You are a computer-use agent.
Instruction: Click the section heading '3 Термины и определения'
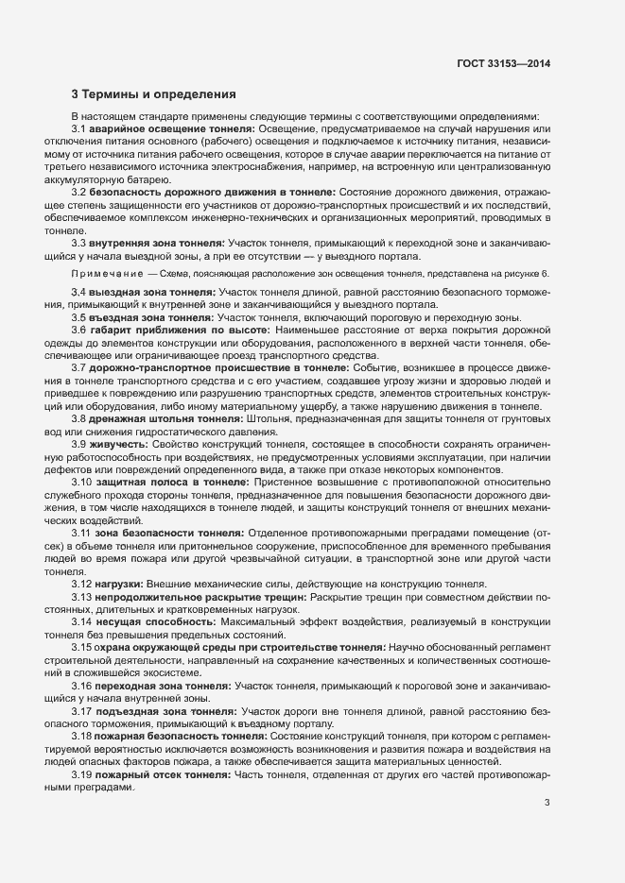(x=147, y=93)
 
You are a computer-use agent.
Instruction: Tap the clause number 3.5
(x=79, y=317)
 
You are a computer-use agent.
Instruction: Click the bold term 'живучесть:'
(x=119, y=444)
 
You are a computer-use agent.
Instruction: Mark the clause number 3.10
(x=82, y=482)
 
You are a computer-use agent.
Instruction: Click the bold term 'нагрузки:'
(x=120, y=585)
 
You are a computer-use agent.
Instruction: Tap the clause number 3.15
(x=82, y=648)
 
